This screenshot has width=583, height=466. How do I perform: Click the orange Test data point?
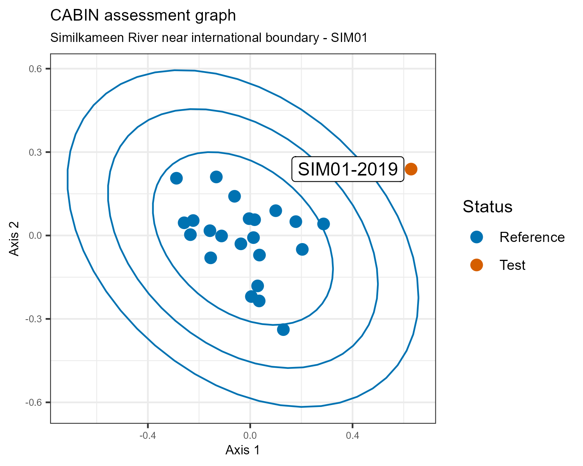[x=411, y=169]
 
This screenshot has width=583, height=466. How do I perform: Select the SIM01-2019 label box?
[x=348, y=169]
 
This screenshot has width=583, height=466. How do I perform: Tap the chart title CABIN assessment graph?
[x=143, y=16]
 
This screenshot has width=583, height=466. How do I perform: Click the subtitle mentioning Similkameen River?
[x=209, y=38]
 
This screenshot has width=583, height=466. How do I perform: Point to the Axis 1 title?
[x=243, y=450]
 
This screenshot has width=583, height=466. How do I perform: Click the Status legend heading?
[x=487, y=207]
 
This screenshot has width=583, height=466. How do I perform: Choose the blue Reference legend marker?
[x=477, y=237]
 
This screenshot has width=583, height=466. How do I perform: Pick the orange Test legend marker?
[x=477, y=265]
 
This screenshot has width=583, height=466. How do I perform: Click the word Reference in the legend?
[x=532, y=237]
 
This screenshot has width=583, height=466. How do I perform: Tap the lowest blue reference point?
[x=283, y=330]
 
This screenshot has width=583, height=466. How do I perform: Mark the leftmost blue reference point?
[x=176, y=178]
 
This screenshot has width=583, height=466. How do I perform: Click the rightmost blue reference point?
[x=323, y=224]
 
